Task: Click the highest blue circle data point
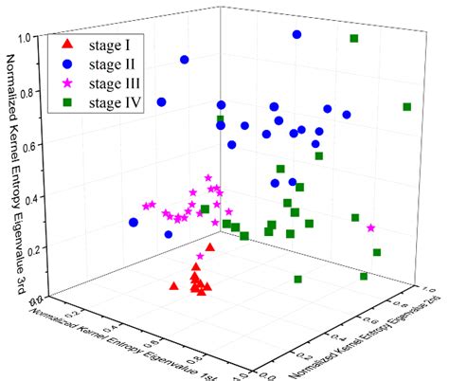click(296, 34)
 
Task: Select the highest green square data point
click(354, 39)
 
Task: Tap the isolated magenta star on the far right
click(370, 228)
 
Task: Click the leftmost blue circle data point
click(134, 222)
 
